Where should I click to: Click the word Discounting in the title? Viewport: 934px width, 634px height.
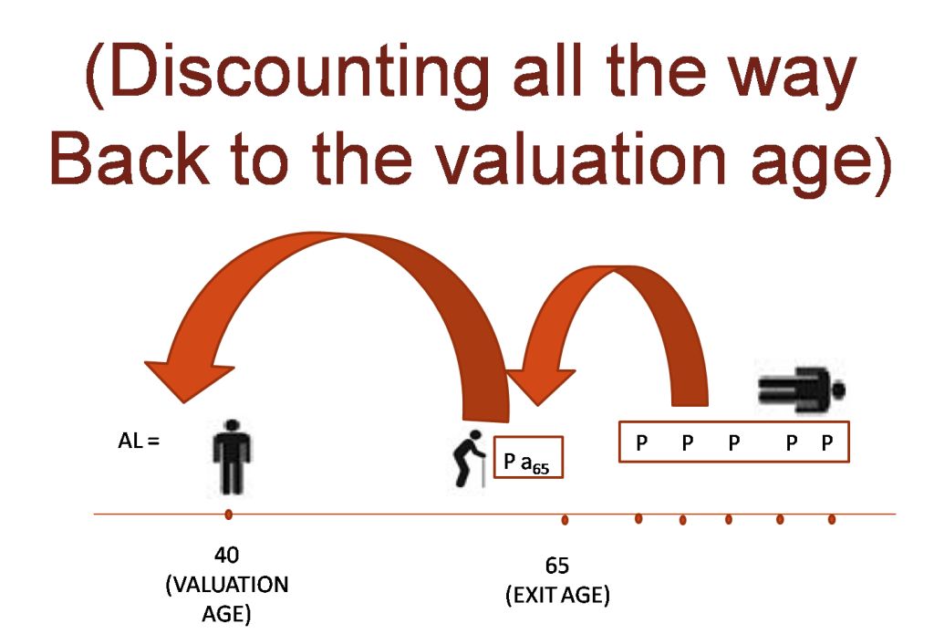click(x=287, y=75)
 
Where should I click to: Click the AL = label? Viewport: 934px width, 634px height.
click(x=139, y=442)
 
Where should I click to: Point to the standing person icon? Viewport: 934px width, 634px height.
click(x=232, y=457)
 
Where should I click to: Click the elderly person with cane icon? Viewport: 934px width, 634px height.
click(x=470, y=458)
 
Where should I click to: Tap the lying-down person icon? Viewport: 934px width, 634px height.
click(x=801, y=390)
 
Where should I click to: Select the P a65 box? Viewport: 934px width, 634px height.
click(x=528, y=457)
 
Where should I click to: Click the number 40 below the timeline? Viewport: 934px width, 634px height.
click(x=226, y=556)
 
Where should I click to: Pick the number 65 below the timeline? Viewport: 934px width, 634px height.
click(x=557, y=566)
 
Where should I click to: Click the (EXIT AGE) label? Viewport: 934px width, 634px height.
click(x=557, y=595)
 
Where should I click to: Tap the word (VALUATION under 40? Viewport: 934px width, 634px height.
click(x=226, y=585)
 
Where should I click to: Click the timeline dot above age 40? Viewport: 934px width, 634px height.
click(x=228, y=514)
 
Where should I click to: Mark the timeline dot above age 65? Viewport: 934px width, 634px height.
click(x=565, y=520)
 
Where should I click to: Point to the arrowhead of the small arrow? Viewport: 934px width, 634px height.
click(x=539, y=384)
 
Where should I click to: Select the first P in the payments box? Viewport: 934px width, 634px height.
click(x=641, y=442)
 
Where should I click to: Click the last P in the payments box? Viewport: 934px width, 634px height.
click(x=826, y=442)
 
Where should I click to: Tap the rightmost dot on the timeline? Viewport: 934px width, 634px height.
click(x=832, y=520)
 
